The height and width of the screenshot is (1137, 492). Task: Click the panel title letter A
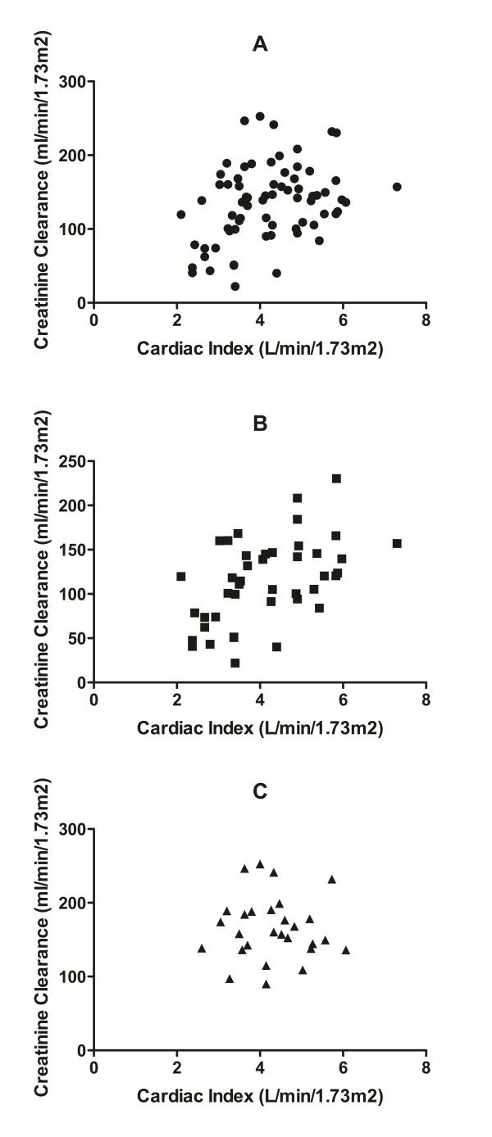(x=259, y=45)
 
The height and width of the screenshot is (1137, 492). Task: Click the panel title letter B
(x=259, y=424)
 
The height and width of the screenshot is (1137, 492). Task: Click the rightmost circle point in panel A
(x=397, y=187)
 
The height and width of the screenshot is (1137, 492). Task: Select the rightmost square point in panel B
(x=397, y=543)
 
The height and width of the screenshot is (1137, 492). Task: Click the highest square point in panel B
(x=336, y=478)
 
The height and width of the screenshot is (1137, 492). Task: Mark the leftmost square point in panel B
(x=180, y=577)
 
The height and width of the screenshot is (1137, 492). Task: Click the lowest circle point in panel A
(x=235, y=287)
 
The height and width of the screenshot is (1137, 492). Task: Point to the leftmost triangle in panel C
(x=201, y=949)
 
